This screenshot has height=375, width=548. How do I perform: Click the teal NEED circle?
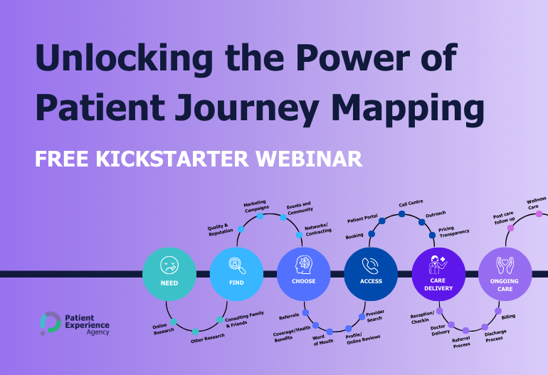(169, 274)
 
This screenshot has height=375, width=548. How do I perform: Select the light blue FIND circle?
(236, 274)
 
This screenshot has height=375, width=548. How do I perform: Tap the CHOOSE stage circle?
(304, 274)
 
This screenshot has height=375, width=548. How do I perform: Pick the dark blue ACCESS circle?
(371, 274)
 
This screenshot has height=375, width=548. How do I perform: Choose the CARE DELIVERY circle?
(438, 274)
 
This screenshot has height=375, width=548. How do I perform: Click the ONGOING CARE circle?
(505, 274)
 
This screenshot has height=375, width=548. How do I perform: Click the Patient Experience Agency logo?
(75, 323)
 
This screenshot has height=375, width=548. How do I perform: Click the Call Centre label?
(411, 204)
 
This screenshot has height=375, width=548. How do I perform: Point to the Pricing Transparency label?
(453, 232)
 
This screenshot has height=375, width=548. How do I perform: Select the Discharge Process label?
(495, 336)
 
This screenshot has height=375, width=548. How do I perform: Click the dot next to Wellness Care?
(539, 213)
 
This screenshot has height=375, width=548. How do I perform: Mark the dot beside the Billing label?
(496, 310)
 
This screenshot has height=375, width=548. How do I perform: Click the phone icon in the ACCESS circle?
(371, 266)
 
